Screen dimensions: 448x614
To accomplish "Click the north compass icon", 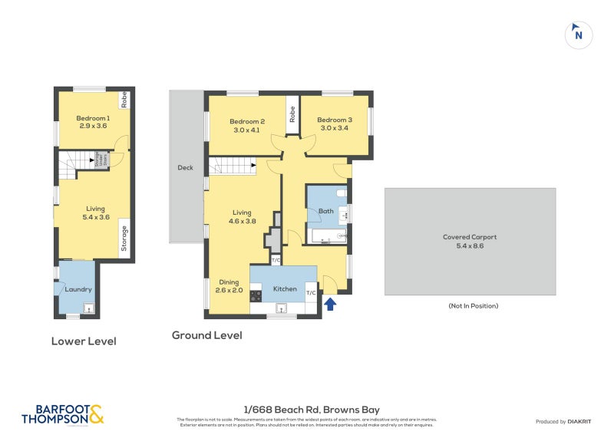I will pyautogui.click(x=578, y=35).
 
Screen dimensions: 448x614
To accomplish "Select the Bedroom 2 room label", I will pyautogui.click(x=247, y=125).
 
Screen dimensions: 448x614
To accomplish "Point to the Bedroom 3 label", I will pyautogui.click(x=335, y=124).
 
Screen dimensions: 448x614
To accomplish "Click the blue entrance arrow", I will pyautogui.click(x=330, y=304).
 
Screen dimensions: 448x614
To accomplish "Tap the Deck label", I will pyautogui.click(x=185, y=167).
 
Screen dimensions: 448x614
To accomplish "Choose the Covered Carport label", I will pyautogui.click(x=470, y=242).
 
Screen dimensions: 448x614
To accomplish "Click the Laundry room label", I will pyautogui.click(x=78, y=289).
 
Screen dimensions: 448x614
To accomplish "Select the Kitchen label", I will pyautogui.click(x=285, y=288).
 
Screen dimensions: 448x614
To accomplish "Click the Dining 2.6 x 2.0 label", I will pyautogui.click(x=229, y=286).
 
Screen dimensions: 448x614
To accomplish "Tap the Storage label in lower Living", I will pyautogui.click(x=123, y=238).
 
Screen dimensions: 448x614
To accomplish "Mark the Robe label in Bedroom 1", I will pyautogui.click(x=123, y=100).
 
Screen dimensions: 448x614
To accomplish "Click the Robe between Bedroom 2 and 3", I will pyautogui.click(x=292, y=114).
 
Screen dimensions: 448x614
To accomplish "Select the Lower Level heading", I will pyautogui.click(x=84, y=341).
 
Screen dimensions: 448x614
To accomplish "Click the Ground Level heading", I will pyautogui.click(x=206, y=335).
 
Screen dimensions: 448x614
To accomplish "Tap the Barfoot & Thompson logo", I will pyautogui.click(x=62, y=414).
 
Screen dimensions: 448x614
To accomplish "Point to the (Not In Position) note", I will pyautogui.click(x=473, y=305).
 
